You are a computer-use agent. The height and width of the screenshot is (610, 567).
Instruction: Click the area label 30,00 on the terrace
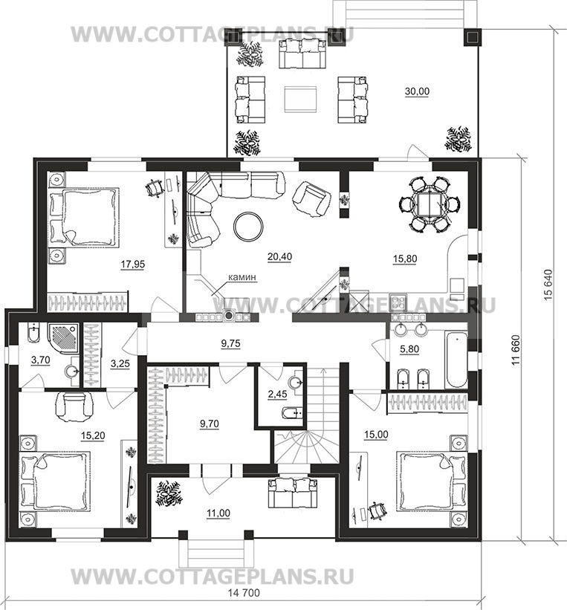pos(417,91)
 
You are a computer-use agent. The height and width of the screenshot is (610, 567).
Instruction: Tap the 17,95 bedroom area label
pos(133,265)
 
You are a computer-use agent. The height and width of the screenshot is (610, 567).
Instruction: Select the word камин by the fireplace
pos(242,277)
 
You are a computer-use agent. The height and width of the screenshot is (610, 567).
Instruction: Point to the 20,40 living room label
pos(279,257)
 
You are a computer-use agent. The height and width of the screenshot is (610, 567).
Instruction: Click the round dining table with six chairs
pos(430,204)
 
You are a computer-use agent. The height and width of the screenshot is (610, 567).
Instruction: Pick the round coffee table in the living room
pos(248,227)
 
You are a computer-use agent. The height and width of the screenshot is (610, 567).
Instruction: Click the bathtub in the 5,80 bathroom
pos(456,359)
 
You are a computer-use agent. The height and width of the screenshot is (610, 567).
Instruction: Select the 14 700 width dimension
pos(244,593)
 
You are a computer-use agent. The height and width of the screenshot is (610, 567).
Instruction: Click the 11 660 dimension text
pos(516,350)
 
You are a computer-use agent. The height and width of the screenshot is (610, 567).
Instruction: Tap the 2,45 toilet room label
pos(277,394)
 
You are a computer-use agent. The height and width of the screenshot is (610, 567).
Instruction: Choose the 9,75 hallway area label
pos(231,343)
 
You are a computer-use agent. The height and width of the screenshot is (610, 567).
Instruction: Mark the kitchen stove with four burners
pos(398,302)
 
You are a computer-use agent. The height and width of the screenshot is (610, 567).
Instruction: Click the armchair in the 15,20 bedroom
pos(75,407)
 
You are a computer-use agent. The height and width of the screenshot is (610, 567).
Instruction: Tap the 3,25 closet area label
pos(120,364)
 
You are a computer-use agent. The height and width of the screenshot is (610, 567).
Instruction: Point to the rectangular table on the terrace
pos(300,100)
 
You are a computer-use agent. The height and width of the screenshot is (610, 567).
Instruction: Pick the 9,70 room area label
pos(210,424)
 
